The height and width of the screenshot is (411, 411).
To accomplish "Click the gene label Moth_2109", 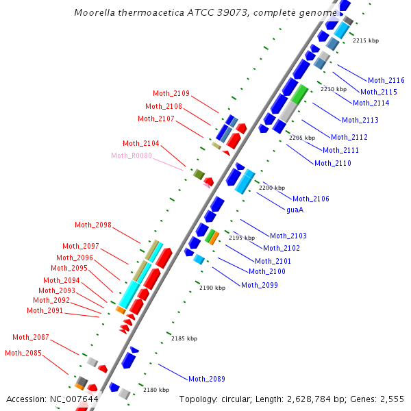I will tap(171, 94).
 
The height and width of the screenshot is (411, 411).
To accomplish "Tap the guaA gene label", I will tap(295, 210).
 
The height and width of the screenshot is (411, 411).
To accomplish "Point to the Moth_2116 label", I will tap(386, 81).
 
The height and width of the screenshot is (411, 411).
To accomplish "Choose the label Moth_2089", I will tap(207, 379).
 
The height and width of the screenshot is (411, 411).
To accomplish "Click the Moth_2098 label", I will tap(93, 225).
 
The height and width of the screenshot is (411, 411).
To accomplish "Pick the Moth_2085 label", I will tap(23, 353).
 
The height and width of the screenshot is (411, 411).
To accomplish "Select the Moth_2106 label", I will tap(311, 199).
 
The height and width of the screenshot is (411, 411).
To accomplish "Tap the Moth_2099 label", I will tap(260, 285).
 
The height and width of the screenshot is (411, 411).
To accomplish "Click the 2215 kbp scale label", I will tap(366, 41).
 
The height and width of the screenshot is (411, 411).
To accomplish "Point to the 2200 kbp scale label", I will tap(271, 188).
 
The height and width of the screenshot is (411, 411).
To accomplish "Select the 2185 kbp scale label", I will tap(184, 338).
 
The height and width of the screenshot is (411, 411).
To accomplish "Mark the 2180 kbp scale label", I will tap(156, 390).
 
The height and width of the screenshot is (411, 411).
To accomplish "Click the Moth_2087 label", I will tap(31, 337).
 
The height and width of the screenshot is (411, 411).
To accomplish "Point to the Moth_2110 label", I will tap(333, 163).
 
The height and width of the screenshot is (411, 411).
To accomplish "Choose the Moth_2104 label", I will tap(141, 143).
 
